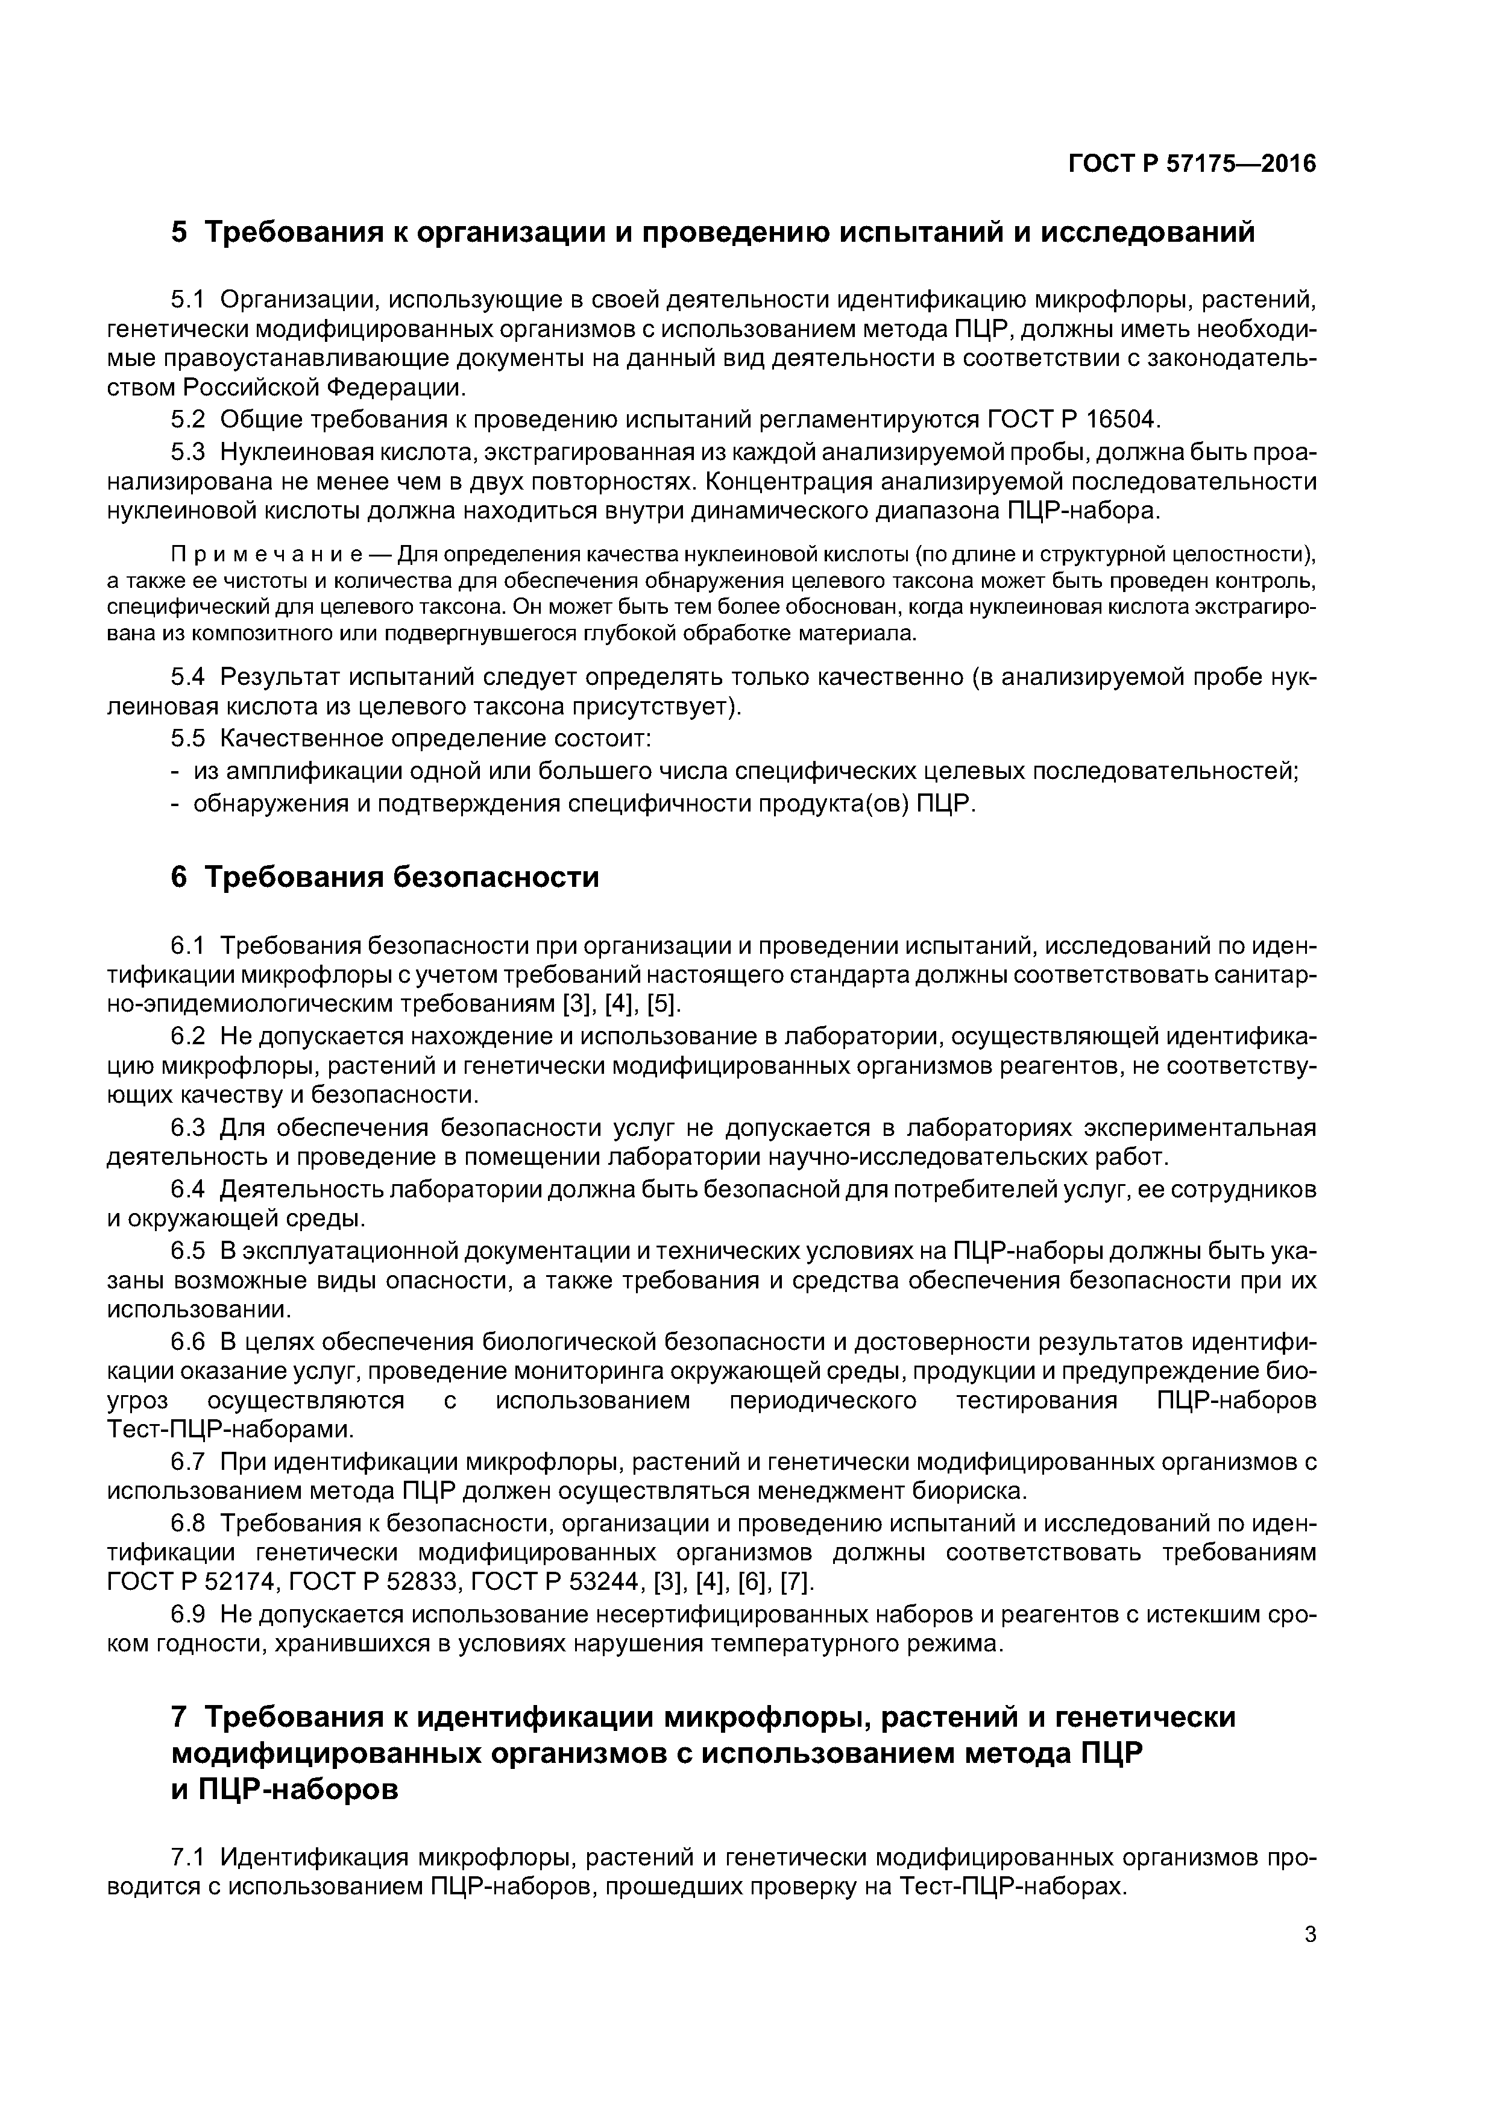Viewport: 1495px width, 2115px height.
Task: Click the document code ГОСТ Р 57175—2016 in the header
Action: [1192, 164]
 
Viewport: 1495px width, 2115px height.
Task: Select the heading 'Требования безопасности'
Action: [401, 877]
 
